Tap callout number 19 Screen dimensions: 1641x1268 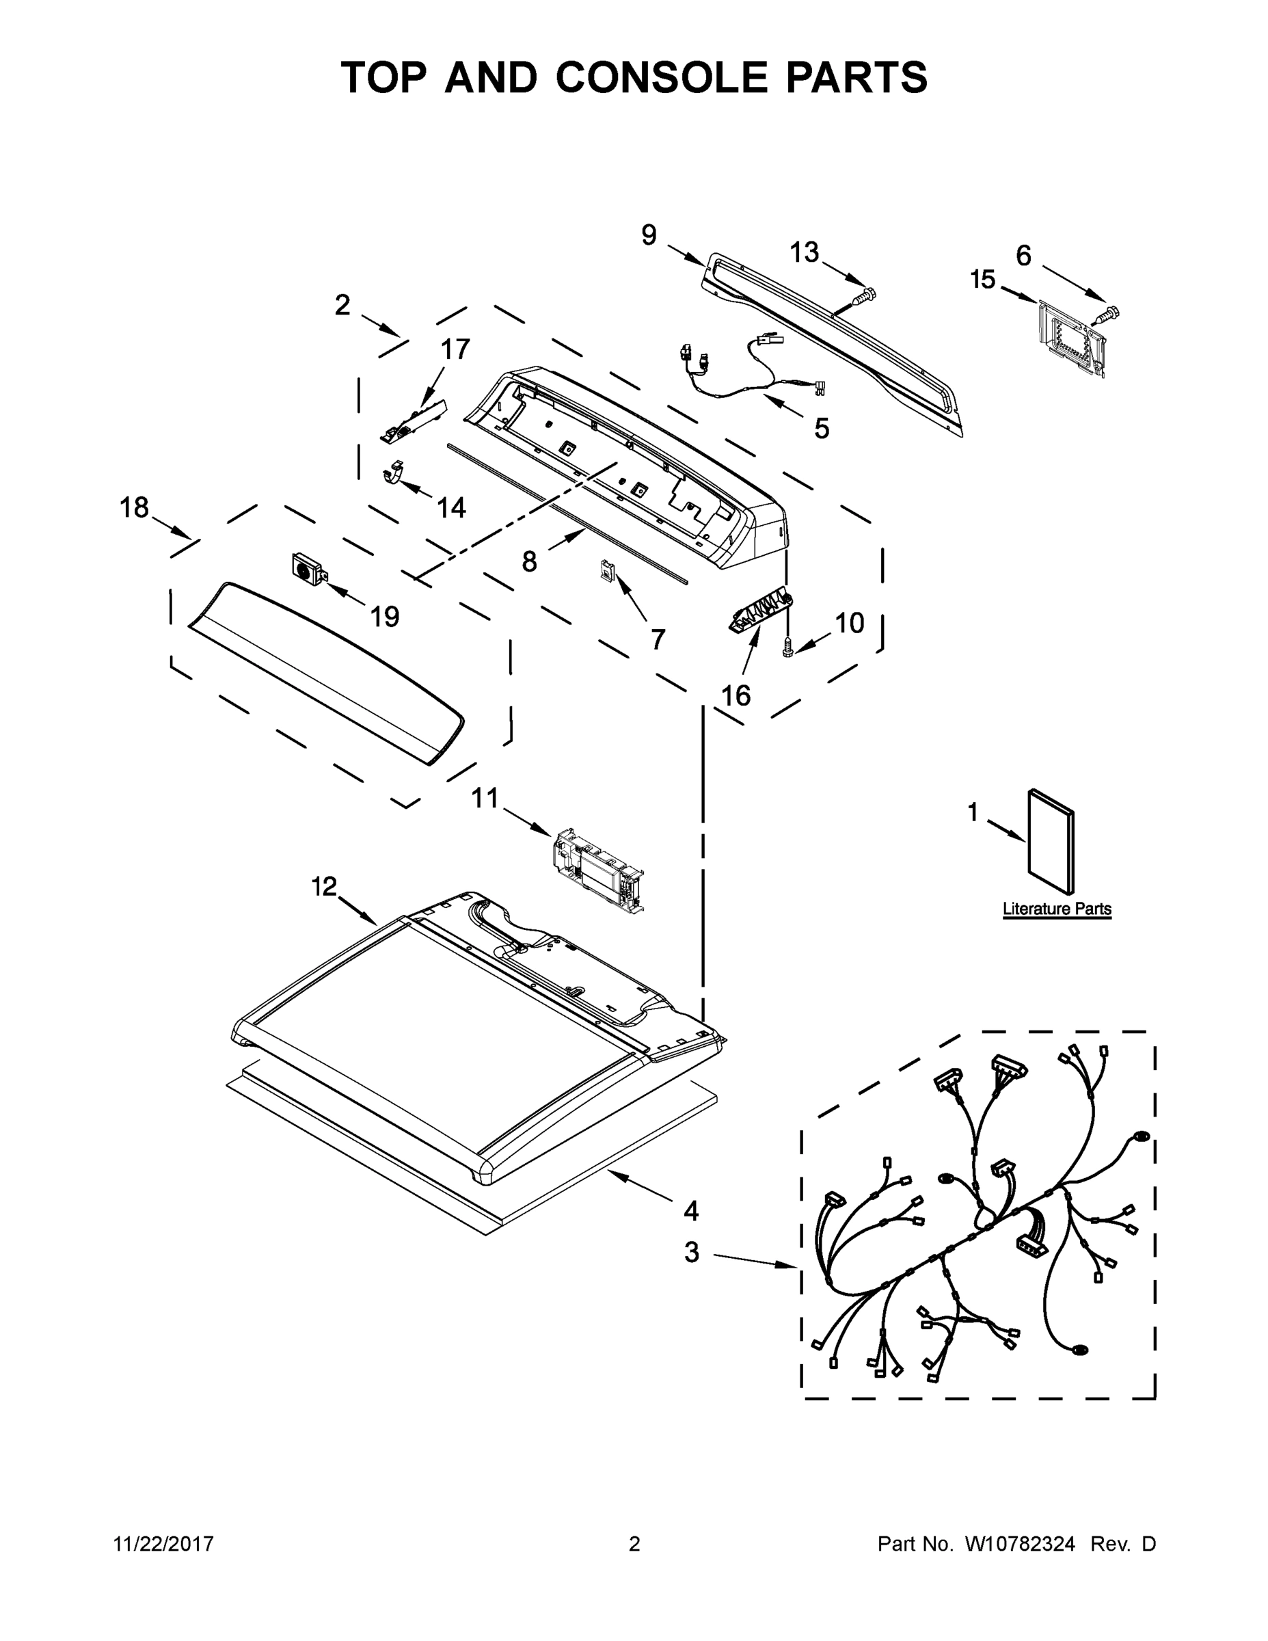coord(385,617)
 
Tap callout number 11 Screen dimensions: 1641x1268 coord(485,798)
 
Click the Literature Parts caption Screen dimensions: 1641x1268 coord(1056,909)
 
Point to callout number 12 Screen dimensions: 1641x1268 coord(324,888)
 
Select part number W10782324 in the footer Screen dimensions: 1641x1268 coord(1019,1544)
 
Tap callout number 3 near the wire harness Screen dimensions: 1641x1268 coord(691,1253)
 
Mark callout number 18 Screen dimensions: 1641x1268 coord(135,509)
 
